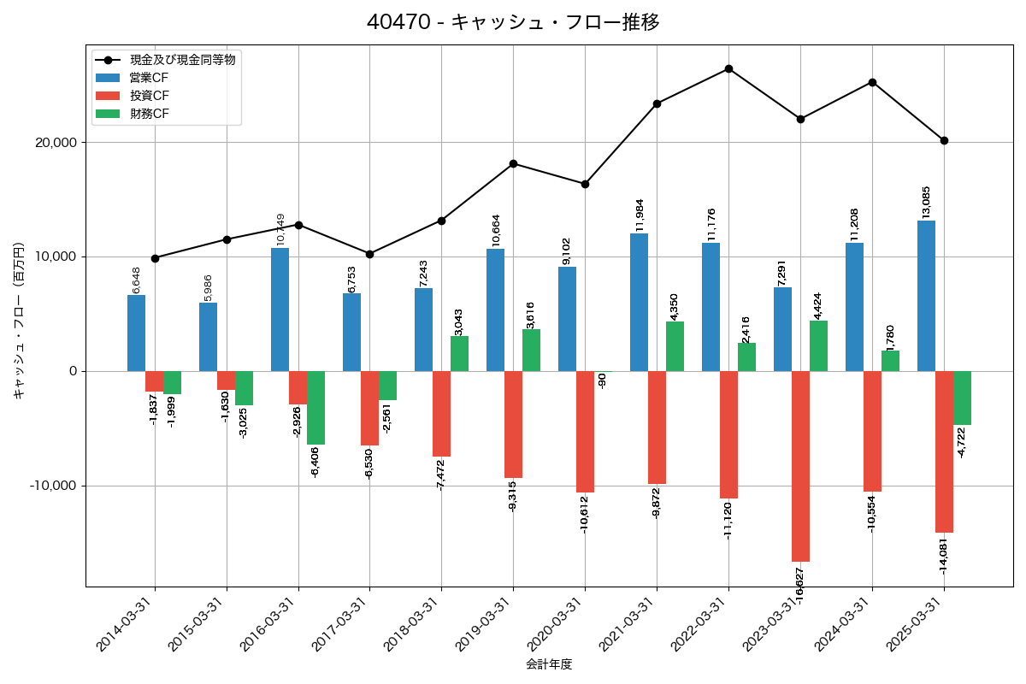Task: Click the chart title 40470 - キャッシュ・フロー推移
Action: (513, 22)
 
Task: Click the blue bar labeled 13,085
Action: (926, 296)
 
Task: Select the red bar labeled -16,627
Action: (800, 466)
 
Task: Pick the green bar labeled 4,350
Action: (675, 346)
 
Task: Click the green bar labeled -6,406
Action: (315, 408)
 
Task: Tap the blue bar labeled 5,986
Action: (208, 337)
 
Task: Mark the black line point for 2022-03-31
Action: (728, 68)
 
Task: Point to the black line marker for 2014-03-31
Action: (155, 258)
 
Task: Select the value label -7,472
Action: (441, 475)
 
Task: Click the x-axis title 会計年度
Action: (549, 664)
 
